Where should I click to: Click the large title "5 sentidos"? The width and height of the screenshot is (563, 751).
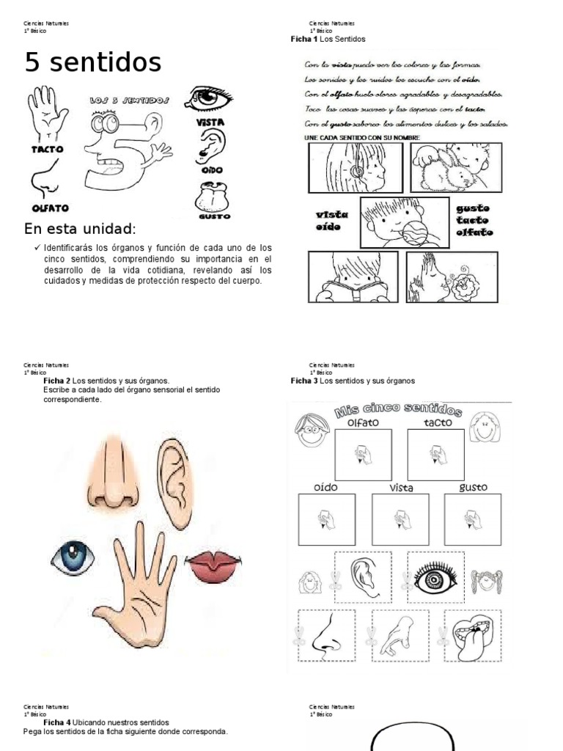pos(93,63)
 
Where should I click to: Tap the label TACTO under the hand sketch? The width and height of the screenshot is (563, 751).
pos(47,149)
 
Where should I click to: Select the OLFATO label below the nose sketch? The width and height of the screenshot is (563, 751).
pos(45,207)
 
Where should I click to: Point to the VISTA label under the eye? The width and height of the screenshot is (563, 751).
pos(210,122)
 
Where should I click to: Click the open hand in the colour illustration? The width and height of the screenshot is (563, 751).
pos(136,587)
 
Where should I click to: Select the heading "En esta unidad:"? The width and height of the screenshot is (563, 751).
pos(81,228)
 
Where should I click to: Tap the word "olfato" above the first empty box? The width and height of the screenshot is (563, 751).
pos(362,422)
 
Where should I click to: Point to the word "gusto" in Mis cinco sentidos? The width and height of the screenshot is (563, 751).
pos(472,487)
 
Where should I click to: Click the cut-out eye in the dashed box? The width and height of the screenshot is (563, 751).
pos(435,579)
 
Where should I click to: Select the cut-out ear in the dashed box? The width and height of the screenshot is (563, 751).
pos(363,576)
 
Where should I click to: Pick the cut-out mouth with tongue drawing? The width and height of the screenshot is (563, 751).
pos(473,635)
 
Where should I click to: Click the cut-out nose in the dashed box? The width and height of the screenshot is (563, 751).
pos(326,635)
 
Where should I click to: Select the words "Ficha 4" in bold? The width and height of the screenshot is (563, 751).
pos(56,722)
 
